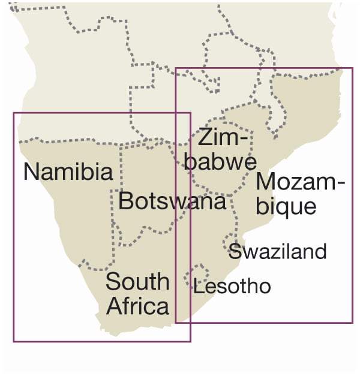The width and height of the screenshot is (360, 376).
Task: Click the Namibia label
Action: coord(68,172)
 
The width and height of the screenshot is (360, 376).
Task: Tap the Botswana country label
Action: coord(172,201)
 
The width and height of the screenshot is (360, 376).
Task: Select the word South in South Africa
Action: coord(137,281)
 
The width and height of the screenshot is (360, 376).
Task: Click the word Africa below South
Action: coord(137,306)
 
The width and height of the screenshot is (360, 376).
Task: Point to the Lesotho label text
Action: coord(232,287)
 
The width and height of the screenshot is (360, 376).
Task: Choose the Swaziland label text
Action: coord(277,251)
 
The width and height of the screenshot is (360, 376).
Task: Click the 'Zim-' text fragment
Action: coord(223,138)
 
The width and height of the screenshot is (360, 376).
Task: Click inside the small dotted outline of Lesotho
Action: coord(196,275)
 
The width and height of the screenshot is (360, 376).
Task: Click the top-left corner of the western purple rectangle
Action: coord(14,113)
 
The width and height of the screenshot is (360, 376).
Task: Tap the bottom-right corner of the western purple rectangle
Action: coord(190,341)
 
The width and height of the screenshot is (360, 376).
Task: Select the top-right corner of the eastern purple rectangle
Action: coord(352,68)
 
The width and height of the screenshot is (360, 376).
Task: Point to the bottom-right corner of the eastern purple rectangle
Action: coord(352,323)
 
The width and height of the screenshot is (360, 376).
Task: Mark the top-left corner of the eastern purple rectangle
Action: coord(175,68)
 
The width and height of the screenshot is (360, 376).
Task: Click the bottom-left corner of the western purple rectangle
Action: coord(14,341)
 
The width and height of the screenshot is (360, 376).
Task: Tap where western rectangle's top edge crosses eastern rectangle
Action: coord(175,113)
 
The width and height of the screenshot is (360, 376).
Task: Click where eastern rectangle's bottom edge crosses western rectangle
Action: coord(190,323)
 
